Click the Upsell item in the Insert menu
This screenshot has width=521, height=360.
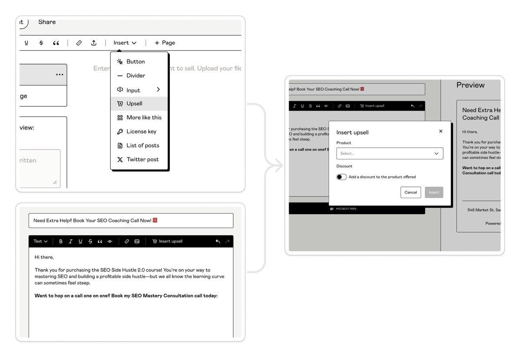click(134, 104)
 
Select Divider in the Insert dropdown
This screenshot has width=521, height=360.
click(135, 76)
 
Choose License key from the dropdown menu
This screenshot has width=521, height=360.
click(141, 132)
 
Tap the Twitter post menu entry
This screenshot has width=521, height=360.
click(142, 159)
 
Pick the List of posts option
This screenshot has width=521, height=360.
click(142, 145)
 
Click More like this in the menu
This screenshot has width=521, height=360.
click(144, 118)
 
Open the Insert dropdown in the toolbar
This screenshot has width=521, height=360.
click(125, 43)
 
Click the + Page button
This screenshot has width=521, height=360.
click(165, 43)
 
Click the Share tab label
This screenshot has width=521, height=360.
click(47, 22)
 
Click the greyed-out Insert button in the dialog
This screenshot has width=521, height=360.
click(434, 192)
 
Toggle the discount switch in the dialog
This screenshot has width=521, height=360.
click(342, 177)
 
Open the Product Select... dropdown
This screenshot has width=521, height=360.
click(389, 153)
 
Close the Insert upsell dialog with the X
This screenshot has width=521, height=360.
click(441, 131)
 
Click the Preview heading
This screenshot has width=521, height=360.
click(470, 85)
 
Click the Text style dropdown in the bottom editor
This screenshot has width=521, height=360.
click(40, 241)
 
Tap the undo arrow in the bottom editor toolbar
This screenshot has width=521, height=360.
click(218, 241)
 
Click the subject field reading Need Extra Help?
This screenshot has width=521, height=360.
click(131, 221)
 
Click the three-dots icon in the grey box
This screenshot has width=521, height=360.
click(59, 75)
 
